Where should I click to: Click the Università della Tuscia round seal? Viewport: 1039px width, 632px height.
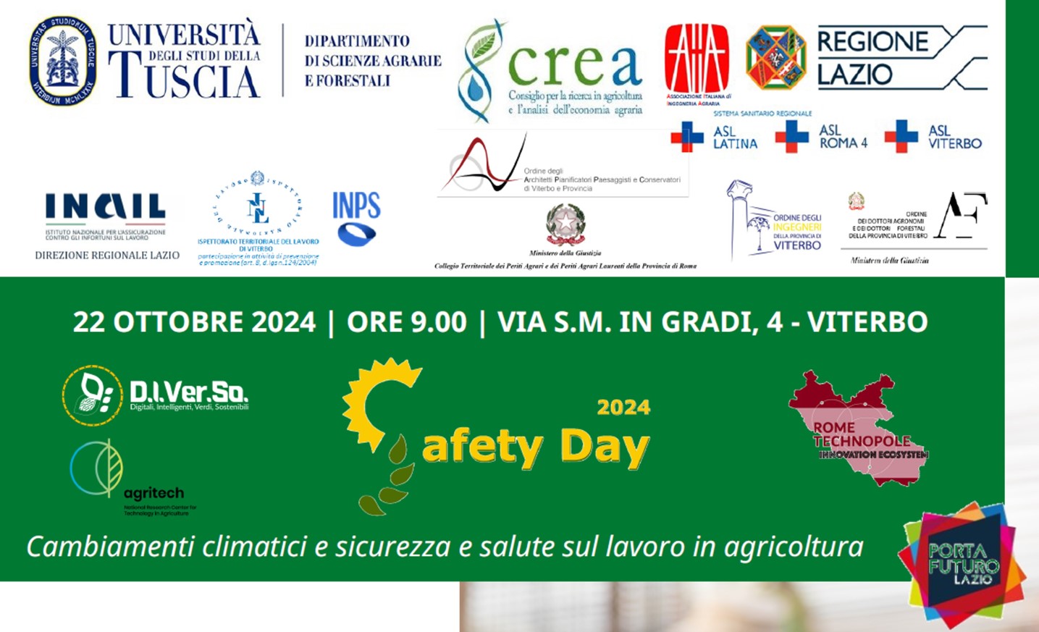pyautogui.click(x=63, y=61)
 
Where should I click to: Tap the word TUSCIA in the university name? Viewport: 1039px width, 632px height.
pyautogui.click(x=185, y=79)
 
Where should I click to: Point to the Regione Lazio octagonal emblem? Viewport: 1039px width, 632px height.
pyautogui.click(x=775, y=58)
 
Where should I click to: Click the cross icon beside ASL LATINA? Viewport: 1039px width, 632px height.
pyautogui.click(x=686, y=137)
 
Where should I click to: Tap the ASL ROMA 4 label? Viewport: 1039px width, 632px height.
pyautogui.click(x=843, y=137)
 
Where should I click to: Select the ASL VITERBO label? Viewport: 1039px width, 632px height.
pyautogui.click(x=954, y=137)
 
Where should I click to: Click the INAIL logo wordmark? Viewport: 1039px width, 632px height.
pyautogui.click(x=106, y=206)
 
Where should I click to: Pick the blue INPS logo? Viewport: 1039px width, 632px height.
pyautogui.click(x=356, y=217)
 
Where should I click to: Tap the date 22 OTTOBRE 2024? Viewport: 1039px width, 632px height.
pyautogui.click(x=194, y=322)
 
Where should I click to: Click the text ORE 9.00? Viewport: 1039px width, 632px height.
pyautogui.click(x=406, y=322)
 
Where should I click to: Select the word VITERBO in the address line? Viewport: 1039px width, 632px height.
pyautogui.click(x=867, y=322)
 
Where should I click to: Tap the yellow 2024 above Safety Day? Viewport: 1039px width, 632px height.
pyautogui.click(x=623, y=408)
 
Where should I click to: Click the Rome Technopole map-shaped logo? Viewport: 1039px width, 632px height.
pyautogui.click(x=858, y=431)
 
